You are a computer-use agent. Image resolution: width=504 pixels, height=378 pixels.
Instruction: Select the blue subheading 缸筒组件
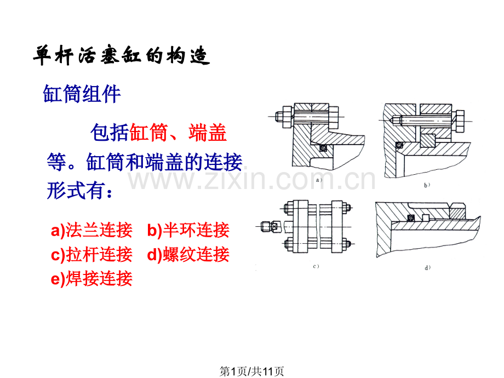(82, 94)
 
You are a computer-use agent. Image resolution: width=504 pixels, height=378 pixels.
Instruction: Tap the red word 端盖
(208, 133)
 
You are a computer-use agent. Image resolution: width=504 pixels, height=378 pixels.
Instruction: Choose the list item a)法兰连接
(91, 231)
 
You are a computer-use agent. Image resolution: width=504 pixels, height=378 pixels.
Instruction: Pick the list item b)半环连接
(188, 231)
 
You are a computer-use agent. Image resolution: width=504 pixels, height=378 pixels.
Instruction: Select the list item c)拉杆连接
(91, 255)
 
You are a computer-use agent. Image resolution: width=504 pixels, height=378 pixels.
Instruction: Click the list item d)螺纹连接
(188, 255)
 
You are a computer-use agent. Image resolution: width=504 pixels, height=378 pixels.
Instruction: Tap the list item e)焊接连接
(91, 278)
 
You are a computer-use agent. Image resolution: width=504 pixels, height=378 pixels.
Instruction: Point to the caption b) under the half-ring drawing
(427, 185)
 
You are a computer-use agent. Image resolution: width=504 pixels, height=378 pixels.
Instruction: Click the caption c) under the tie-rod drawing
(316, 267)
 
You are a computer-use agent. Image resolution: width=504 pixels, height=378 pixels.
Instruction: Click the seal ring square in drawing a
(323, 147)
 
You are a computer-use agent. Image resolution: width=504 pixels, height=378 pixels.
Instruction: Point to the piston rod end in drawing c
(268, 225)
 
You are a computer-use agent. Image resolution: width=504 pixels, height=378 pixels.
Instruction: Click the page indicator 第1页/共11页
(251, 371)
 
